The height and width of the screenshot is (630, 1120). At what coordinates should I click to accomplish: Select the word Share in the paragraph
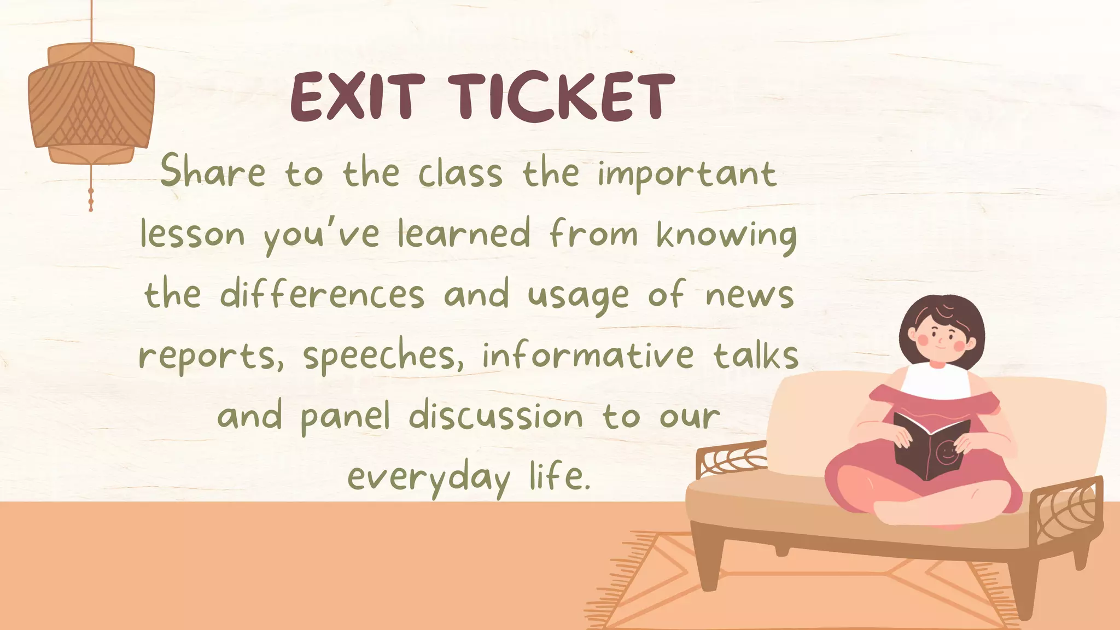pos(213,172)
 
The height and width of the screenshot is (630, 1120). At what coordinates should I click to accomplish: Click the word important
pos(687,175)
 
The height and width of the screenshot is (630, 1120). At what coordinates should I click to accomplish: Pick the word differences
pos(322,295)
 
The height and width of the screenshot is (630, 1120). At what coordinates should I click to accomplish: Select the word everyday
pos(429,478)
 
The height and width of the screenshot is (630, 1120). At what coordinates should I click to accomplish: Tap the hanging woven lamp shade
pos(91,104)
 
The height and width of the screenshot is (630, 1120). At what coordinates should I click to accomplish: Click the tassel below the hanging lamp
pos(91,199)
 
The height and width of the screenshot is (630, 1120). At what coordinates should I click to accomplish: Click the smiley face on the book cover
pos(946,453)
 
